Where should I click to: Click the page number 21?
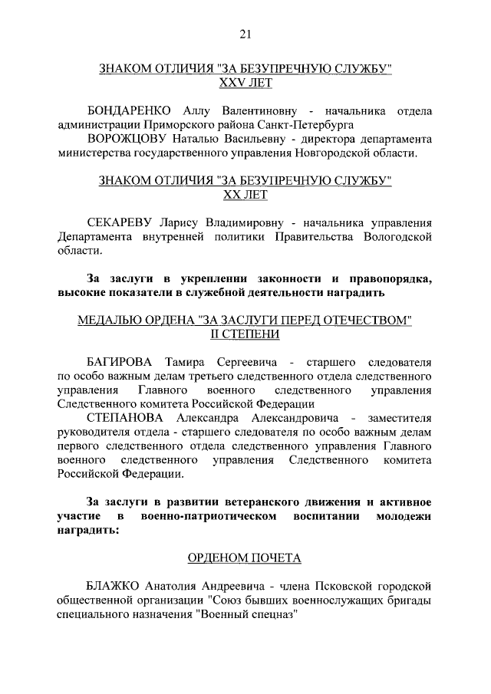click(x=245, y=33)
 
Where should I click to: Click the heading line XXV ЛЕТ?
click(x=245, y=82)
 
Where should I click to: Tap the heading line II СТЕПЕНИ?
click(x=245, y=334)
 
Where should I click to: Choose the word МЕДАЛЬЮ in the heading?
click(x=110, y=321)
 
